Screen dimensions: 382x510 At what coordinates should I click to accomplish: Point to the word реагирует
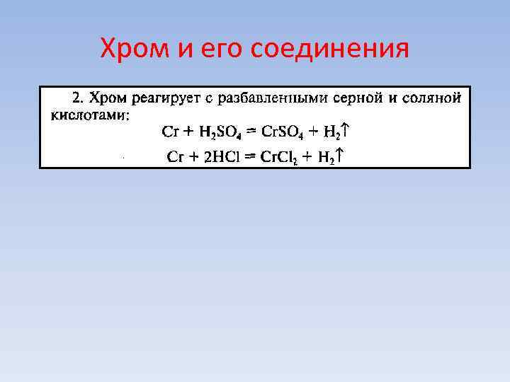(164, 98)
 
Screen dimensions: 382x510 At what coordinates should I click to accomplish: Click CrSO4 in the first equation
(283, 132)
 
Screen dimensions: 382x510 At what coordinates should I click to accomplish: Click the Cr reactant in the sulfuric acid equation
(169, 132)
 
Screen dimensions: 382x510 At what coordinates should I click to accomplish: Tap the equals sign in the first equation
(251, 132)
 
